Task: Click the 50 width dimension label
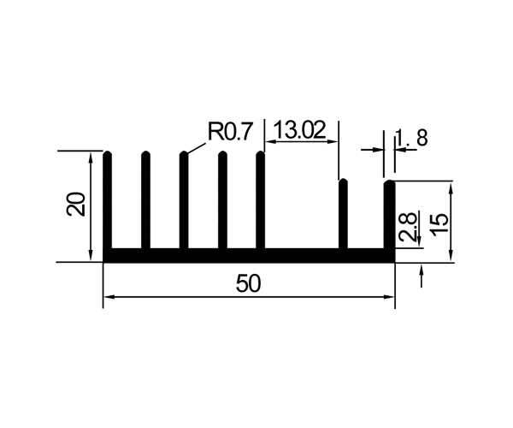[x=248, y=283]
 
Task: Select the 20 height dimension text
[x=75, y=204]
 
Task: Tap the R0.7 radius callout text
[x=230, y=131]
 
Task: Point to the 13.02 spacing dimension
[x=300, y=129]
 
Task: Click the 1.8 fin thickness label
[x=411, y=138]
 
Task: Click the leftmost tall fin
[x=108, y=200]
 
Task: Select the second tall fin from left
[x=145, y=200]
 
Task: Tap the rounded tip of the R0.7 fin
[x=184, y=154]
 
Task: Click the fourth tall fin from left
[x=222, y=200]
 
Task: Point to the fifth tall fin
[x=261, y=200]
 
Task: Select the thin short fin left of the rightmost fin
[x=343, y=214]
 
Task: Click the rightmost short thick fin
[x=389, y=215]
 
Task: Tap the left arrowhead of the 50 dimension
[x=109, y=297]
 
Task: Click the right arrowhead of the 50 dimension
[x=390, y=297]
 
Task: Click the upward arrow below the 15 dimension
[x=422, y=276]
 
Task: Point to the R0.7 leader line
[x=197, y=148]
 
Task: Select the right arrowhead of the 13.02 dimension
[x=333, y=142]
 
